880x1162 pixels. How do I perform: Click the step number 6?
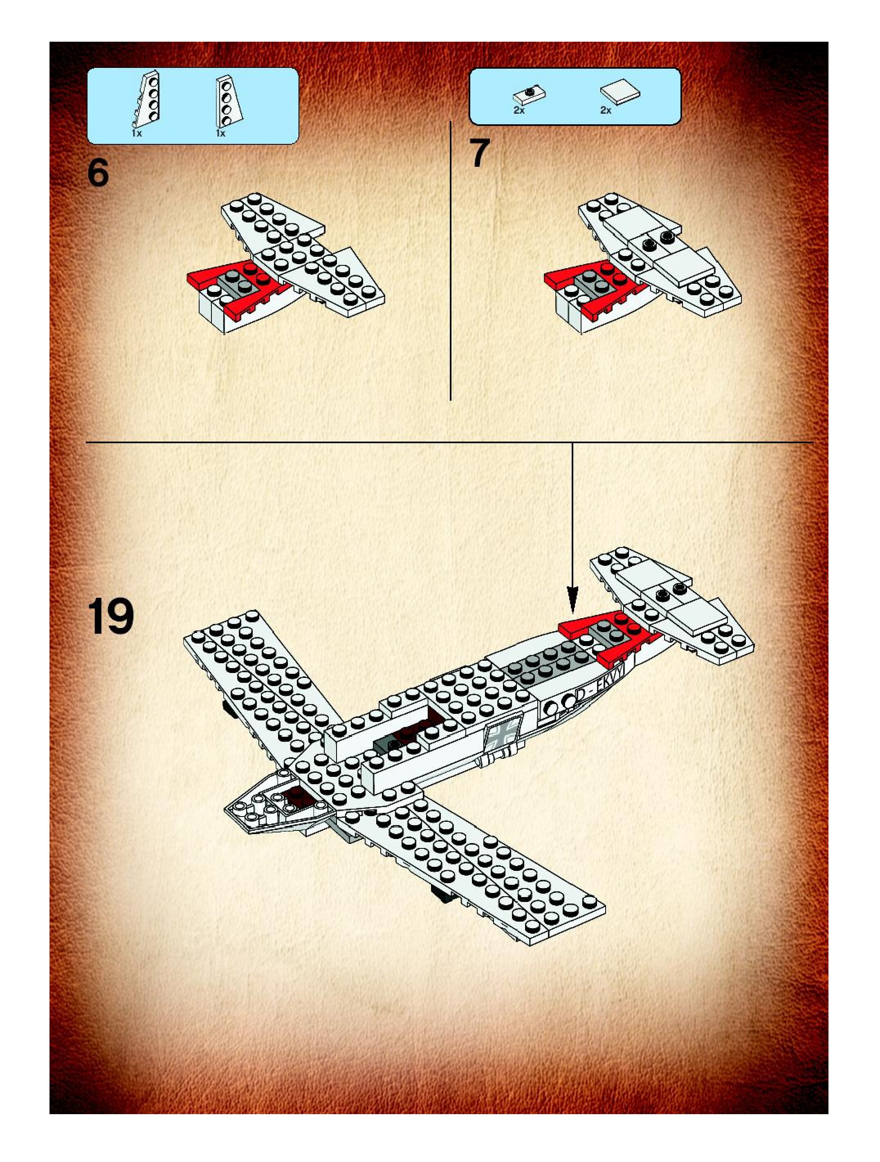coord(98,173)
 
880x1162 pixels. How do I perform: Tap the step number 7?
coord(480,153)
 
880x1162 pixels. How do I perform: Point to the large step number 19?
coord(110,616)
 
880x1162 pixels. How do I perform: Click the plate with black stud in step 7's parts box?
coord(529,94)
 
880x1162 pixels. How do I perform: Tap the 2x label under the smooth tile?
coord(606,110)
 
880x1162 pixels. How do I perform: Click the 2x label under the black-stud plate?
coord(519,110)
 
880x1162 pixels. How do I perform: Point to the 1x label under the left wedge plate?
coord(137,133)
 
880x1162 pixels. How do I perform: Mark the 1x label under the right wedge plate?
coord(221,133)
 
